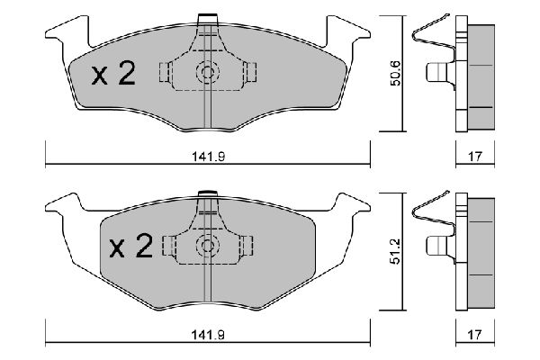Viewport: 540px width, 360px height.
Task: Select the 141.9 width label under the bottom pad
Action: pos(208,336)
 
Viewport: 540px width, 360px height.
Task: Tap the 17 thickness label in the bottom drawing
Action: pos(475,336)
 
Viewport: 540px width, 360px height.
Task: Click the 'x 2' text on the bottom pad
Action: pos(129,247)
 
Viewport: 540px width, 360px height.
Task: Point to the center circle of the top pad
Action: pos(208,74)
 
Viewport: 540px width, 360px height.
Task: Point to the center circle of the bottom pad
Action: pos(208,244)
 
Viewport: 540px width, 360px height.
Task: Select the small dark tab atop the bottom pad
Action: pos(208,191)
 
